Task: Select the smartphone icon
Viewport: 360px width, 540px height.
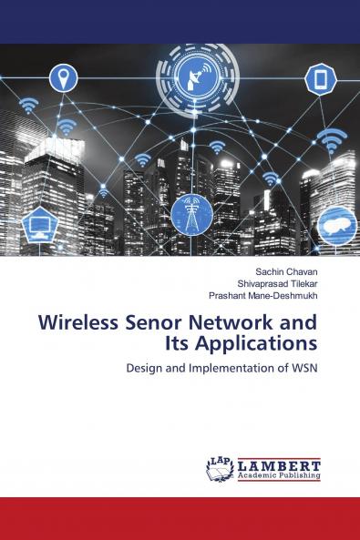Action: tap(321, 79)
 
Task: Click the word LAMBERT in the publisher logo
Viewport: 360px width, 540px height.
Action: tap(279, 464)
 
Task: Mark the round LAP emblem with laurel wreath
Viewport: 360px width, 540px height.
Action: tap(220, 469)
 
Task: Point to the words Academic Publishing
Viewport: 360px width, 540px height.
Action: tap(279, 475)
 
